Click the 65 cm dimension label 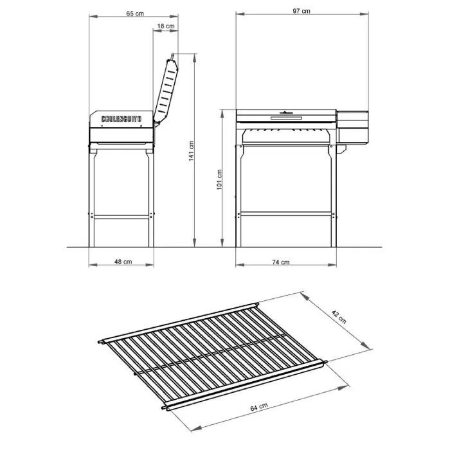pyautogui.click(x=135, y=14)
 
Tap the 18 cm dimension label pyautogui.click(x=166, y=26)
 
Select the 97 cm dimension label pyautogui.click(x=301, y=11)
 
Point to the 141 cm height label pyautogui.click(x=192, y=150)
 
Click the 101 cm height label pyautogui.click(x=220, y=179)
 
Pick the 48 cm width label pyautogui.click(x=123, y=262)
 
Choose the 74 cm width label pyautogui.click(x=281, y=262)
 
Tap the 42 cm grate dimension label pyautogui.click(x=339, y=317)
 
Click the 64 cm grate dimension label pyautogui.click(x=259, y=407)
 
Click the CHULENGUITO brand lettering pyautogui.click(x=122, y=119)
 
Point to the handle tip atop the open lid pyautogui.click(x=172, y=55)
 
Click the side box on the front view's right pyautogui.click(x=352, y=127)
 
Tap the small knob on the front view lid pyautogui.click(x=287, y=112)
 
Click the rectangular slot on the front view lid pyautogui.click(x=286, y=118)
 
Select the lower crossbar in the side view pyautogui.click(x=122, y=217)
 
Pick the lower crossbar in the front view pyautogui.click(x=286, y=214)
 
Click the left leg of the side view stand pyautogui.click(x=91, y=198)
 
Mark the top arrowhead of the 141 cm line pyautogui.click(x=195, y=58)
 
